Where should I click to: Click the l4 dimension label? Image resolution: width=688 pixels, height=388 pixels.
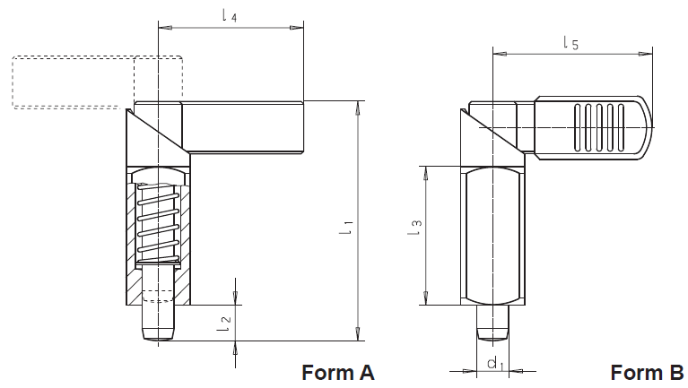click(x=230, y=16)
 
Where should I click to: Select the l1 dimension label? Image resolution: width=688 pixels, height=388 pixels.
click(x=346, y=227)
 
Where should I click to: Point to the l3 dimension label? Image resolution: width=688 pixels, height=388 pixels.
click(x=414, y=227)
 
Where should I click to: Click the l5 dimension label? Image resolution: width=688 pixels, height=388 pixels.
click(x=570, y=43)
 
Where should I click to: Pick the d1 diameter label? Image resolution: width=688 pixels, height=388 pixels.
click(x=496, y=363)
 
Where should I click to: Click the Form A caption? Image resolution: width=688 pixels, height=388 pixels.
click(x=338, y=373)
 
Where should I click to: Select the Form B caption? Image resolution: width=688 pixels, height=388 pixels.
click(x=647, y=373)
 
